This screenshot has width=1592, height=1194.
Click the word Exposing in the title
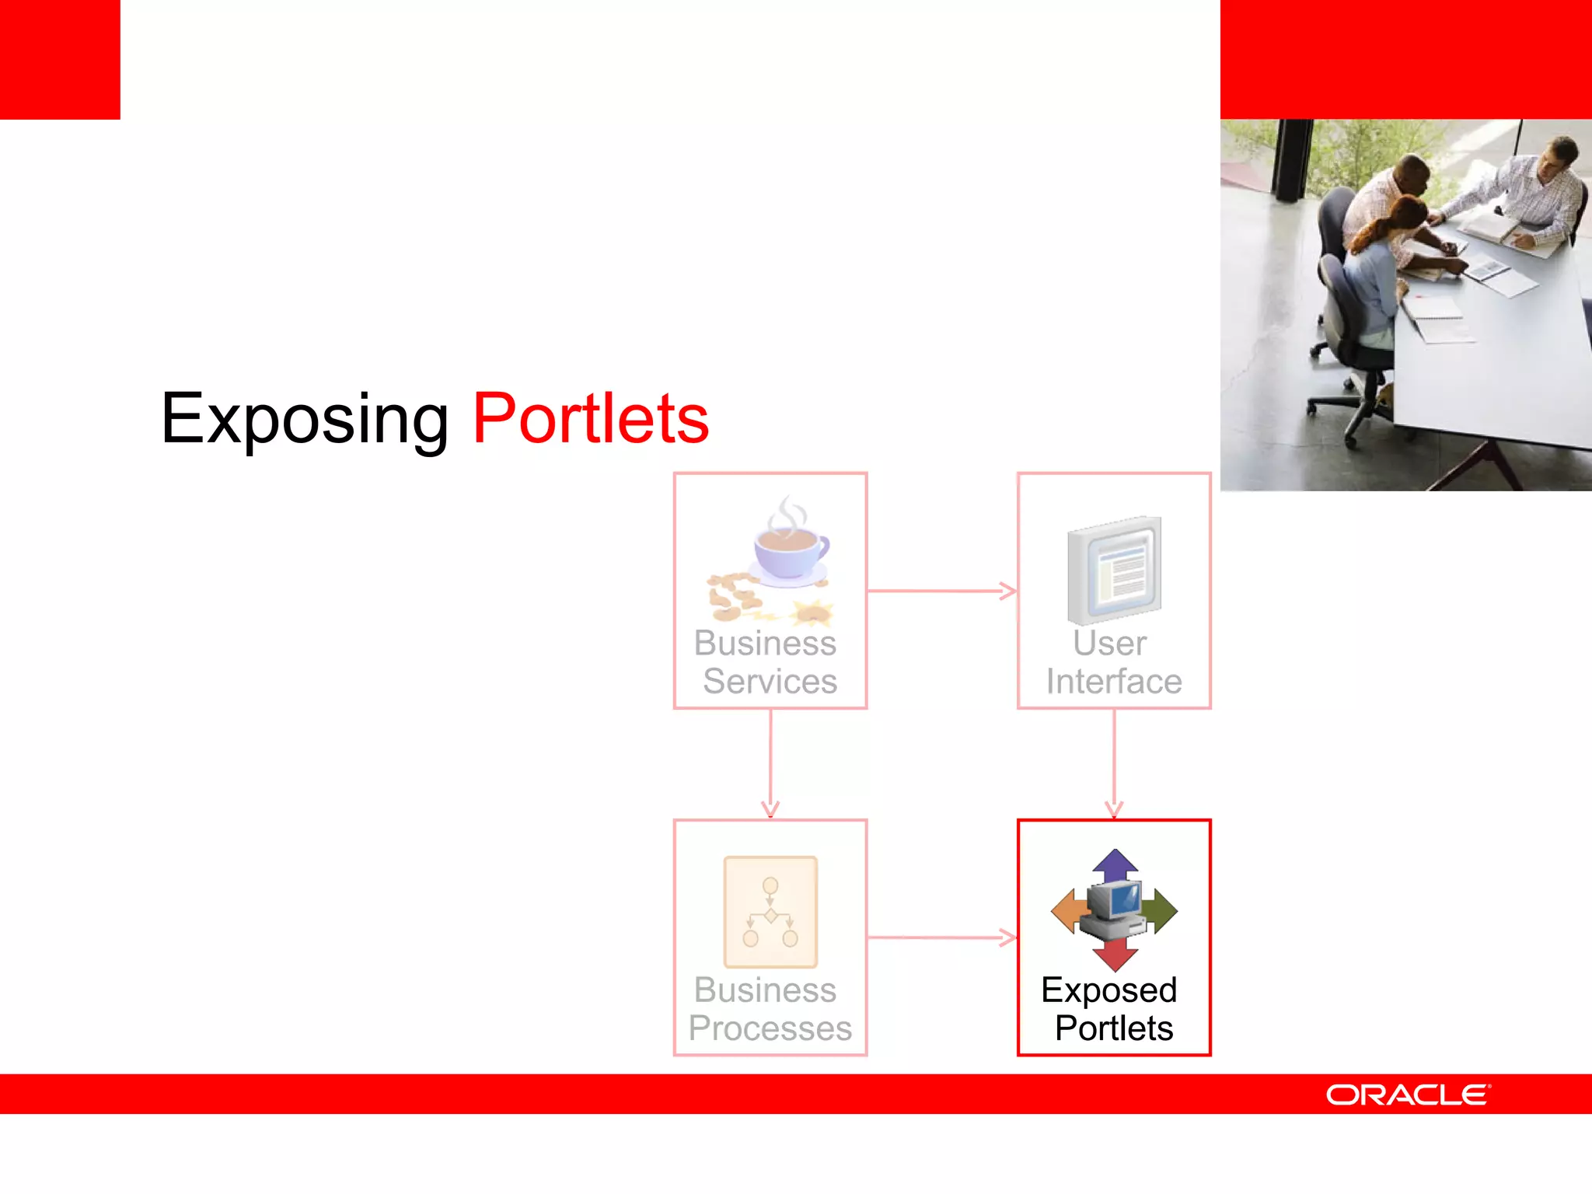click(x=305, y=420)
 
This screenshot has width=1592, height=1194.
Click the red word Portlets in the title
click(x=591, y=420)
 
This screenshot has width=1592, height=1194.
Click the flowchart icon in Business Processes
click(x=770, y=912)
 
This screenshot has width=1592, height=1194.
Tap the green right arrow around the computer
click(x=1163, y=911)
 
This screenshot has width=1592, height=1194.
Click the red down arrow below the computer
click(x=1115, y=955)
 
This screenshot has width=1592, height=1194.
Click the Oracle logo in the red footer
click(x=1408, y=1094)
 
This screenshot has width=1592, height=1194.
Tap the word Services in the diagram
click(x=770, y=682)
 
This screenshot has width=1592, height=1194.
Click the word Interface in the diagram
click(x=1114, y=682)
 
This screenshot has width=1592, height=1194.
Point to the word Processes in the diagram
click(x=770, y=1028)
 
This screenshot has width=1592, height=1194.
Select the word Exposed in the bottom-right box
click(x=1109, y=990)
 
